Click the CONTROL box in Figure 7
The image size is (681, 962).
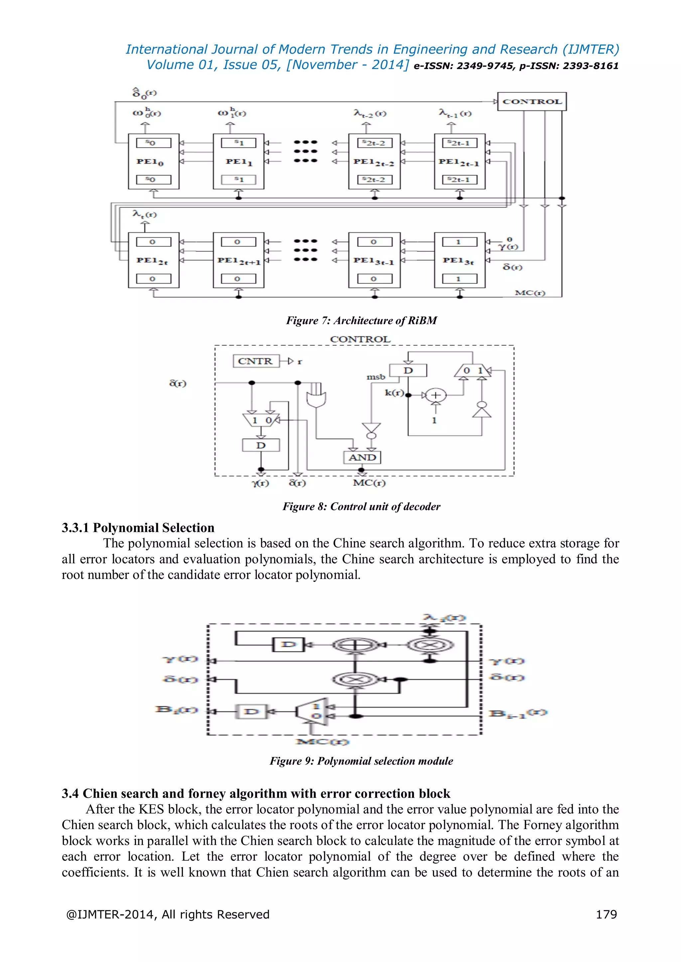532,101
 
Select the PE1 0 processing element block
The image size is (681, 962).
154,161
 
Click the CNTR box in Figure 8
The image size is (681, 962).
256,361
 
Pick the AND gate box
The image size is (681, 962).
362,457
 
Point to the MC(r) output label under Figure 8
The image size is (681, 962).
369,483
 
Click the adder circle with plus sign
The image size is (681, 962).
436,395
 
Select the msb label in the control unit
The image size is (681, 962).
376,377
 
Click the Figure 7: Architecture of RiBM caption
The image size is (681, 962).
361,321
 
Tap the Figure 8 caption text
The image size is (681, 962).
361,507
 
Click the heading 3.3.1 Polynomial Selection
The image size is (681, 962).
138,528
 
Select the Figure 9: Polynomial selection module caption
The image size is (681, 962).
361,761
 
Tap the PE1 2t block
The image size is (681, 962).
154,260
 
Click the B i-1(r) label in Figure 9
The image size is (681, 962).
518,714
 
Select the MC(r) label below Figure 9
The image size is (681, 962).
322,742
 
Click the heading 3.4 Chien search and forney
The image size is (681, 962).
256,793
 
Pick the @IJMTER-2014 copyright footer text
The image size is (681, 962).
168,914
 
